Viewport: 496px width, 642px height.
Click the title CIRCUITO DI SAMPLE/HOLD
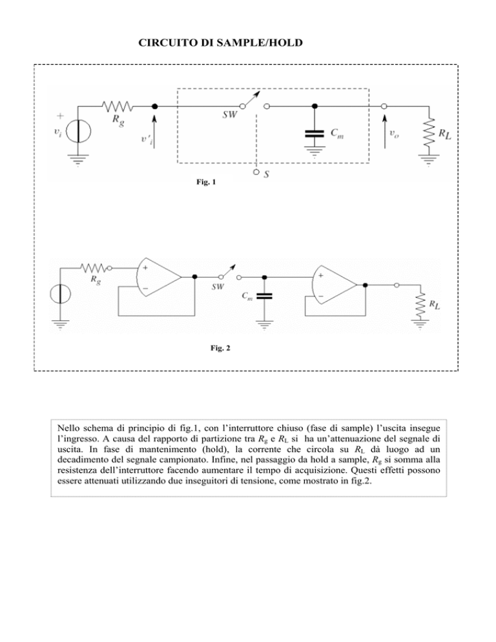220,43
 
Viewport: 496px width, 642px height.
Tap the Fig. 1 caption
206,181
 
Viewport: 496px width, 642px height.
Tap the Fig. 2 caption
220,348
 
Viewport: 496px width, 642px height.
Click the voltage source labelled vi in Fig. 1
77,131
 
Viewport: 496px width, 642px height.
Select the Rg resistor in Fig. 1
118,107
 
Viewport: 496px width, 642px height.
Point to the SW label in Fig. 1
230,115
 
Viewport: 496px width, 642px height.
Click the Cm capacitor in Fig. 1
315,133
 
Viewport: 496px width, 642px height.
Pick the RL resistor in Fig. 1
429,132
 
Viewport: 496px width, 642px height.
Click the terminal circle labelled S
256,172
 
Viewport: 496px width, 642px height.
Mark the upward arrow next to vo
384,131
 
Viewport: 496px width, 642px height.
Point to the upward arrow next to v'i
154,131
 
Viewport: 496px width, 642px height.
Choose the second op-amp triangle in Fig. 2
334,285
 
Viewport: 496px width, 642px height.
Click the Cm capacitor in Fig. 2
263,296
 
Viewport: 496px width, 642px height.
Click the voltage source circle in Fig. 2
60,294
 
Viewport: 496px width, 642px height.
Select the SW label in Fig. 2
218,287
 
